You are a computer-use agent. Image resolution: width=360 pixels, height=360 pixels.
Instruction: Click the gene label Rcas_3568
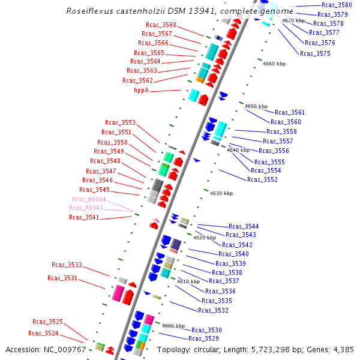pos(161,25)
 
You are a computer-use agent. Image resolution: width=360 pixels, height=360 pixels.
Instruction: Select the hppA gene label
pos(141,90)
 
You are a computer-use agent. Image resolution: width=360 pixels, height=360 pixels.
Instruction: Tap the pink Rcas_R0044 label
pos(89,199)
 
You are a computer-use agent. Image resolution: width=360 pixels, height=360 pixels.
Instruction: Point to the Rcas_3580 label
pos(337,5)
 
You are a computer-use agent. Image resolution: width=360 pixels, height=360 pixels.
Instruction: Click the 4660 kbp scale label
pos(274,64)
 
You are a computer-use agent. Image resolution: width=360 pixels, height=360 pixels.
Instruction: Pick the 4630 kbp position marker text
pos(221,193)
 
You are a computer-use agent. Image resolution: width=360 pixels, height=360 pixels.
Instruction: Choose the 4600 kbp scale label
pos(173,326)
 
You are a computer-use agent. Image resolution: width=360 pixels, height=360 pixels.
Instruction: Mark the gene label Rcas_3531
pos(62,278)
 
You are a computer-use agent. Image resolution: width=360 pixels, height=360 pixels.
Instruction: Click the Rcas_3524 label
pos(43,333)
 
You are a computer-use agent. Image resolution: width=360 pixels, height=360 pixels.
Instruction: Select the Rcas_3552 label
pos(262,179)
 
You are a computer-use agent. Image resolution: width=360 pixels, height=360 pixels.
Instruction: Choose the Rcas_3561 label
pos(289,112)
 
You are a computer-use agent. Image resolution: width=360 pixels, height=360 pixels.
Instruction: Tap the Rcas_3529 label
pos(203,338)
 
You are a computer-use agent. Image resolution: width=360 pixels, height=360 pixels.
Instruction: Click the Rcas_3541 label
pos(84,217)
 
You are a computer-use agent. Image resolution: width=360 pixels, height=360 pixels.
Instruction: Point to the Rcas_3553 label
pos(120,122)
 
